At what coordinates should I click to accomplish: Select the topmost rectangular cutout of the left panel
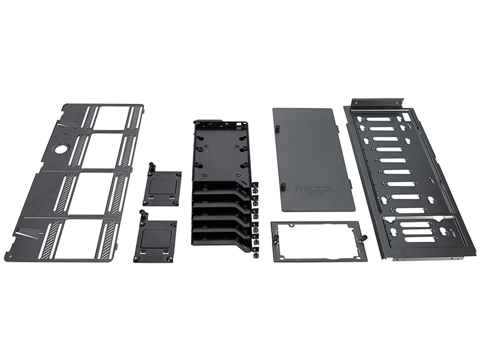click(x=111, y=118)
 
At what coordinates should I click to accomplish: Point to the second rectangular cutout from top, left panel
click(x=102, y=151)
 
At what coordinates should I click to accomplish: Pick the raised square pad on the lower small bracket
click(x=156, y=236)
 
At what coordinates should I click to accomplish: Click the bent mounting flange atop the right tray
click(x=377, y=102)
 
